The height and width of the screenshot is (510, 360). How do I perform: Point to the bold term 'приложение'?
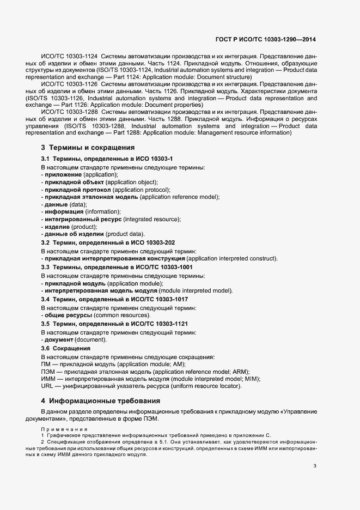click(62, 174)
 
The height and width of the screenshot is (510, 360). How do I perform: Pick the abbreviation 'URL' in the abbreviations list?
click(47, 386)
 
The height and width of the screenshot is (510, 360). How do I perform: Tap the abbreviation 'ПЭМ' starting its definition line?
click(47, 371)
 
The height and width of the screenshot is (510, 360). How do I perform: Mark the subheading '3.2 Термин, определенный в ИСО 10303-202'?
click(108, 242)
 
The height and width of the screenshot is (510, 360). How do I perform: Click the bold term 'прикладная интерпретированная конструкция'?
click(115, 258)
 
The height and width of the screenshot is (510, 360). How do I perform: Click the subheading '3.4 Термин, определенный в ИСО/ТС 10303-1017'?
click(115, 299)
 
